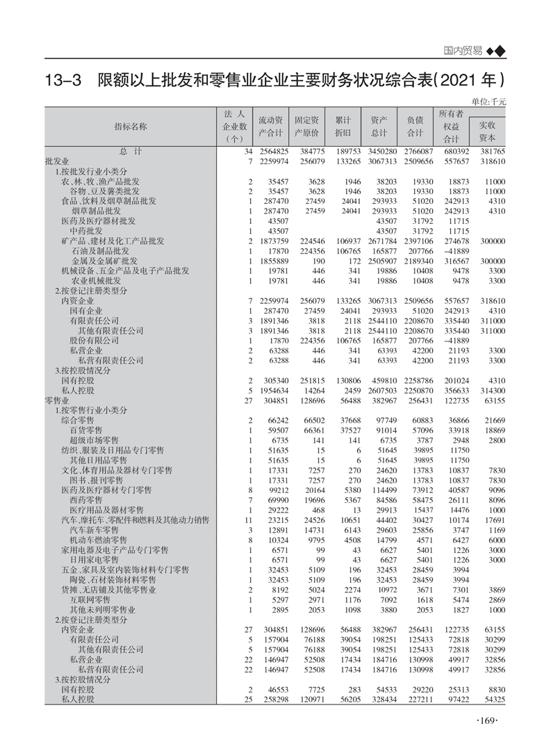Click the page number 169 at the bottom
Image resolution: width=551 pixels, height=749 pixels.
coord(489,720)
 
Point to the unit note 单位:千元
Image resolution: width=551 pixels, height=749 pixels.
coord(489,102)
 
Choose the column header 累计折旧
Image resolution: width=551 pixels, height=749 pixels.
coord(343,126)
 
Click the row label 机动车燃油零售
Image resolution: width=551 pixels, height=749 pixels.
coord(98,540)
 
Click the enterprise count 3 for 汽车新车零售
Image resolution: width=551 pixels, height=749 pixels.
coord(249,530)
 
